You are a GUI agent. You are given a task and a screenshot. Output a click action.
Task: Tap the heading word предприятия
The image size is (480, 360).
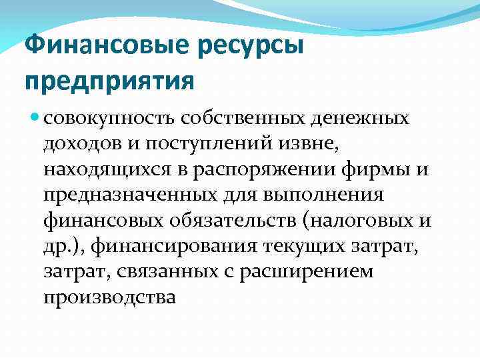(110, 81)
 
